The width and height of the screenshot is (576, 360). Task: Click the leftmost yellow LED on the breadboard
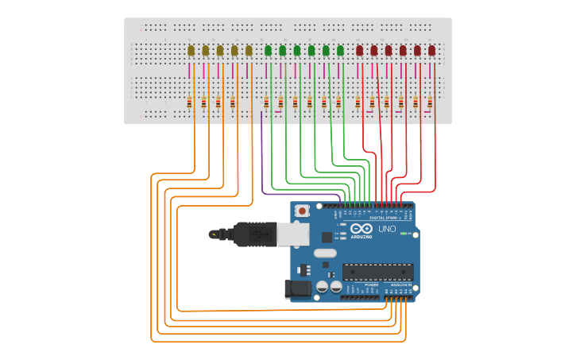[191, 51]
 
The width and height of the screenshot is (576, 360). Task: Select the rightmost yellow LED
[249, 51]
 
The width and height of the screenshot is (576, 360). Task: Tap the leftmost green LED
[268, 51]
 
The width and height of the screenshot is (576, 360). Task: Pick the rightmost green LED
[340, 51]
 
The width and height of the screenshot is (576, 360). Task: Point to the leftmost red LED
[359, 51]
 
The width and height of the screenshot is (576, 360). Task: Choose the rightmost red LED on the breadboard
[431, 51]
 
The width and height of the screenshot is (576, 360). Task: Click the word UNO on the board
[387, 229]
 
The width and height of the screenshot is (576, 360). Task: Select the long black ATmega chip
[377, 272]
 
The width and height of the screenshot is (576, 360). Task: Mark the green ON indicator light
[404, 234]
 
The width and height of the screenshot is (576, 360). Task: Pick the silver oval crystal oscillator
[324, 254]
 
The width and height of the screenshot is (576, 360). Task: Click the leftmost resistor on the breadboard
[189, 102]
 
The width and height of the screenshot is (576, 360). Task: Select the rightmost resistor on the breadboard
[430, 102]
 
